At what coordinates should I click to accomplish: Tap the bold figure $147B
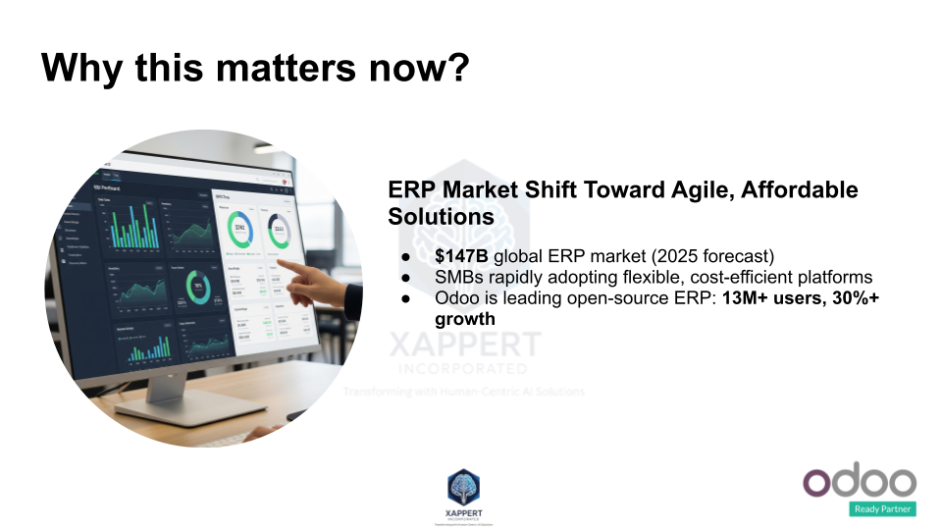click(x=461, y=256)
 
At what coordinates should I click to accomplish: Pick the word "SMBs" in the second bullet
click(x=459, y=278)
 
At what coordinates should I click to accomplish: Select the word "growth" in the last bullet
click(x=465, y=319)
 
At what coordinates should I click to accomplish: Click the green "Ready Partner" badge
click(x=883, y=508)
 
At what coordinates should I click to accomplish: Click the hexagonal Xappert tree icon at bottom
click(x=464, y=488)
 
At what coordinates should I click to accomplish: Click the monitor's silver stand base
click(x=173, y=406)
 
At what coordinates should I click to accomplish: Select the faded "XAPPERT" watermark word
click(x=465, y=344)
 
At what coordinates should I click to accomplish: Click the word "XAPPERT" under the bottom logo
click(x=464, y=513)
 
